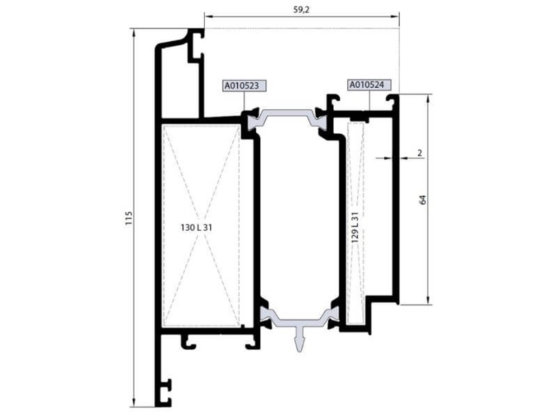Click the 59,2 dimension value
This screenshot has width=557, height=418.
tap(301, 10)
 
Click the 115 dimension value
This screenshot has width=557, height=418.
tap(129, 218)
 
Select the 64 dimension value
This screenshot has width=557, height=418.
tap(423, 200)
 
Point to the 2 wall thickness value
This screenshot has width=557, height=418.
tap(420, 153)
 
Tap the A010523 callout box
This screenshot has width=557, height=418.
tap(245, 86)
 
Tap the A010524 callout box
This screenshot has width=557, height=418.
tap(369, 85)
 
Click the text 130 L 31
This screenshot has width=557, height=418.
tap(196, 228)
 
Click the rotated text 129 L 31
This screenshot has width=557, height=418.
tap(355, 227)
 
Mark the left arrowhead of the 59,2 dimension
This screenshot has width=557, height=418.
tap(208, 17)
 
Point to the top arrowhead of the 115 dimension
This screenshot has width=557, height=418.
tap(134, 33)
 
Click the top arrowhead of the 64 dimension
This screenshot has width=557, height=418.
tap(428, 98)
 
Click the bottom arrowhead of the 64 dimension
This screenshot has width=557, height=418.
tap(428, 300)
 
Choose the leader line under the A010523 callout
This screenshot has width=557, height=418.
tap(244, 101)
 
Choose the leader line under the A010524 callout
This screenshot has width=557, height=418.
tap(369, 100)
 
